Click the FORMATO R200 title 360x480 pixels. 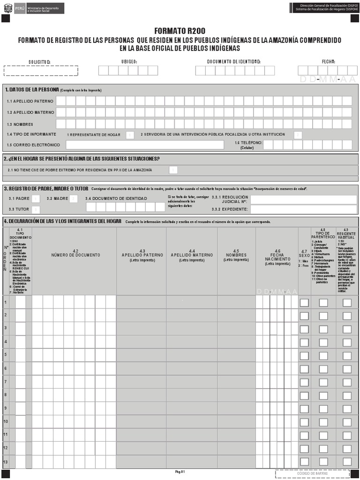[x=180, y=31]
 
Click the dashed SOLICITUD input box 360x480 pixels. [x=41, y=71]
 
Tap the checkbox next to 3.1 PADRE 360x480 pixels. [x=36, y=199]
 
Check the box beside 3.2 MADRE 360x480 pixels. [x=73, y=199]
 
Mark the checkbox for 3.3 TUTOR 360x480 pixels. [x=36, y=210]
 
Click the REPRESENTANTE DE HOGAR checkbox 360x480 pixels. [x=130, y=135]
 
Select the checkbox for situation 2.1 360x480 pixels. [x=173, y=170]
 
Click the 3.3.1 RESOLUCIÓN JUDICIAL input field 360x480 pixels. [x=303, y=200]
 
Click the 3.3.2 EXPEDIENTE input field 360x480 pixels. [x=303, y=210]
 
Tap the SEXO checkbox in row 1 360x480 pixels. [x=304, y=303]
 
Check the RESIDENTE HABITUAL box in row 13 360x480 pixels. [x=347, y=462]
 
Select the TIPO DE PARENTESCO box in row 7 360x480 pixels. [x=323, y=382]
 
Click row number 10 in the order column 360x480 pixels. [x=6, y=422]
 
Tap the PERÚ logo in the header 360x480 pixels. [x=7, y=8]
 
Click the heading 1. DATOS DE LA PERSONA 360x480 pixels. [x=32, y=90]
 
